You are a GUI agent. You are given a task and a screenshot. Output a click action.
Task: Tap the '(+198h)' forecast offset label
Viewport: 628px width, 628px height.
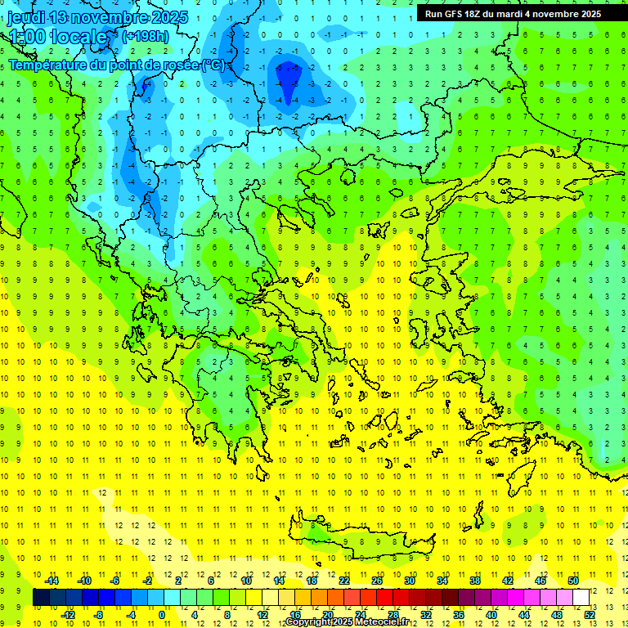[x=145, y=36]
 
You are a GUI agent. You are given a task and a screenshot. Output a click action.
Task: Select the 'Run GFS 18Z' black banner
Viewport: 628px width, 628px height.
[x=513, y=13]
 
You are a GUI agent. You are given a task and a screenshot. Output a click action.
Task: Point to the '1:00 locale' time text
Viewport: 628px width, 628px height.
[x=58, y=37]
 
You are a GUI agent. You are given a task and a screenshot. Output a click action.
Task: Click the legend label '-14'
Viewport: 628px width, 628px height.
[x=52, y=581]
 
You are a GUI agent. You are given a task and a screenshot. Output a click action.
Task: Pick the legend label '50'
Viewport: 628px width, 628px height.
[x=572, y=581]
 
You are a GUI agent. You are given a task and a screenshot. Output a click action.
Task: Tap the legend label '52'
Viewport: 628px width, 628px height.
[x=590, y=614]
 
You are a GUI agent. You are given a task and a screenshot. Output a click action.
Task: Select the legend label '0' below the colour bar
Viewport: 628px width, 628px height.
[x=162, y=614]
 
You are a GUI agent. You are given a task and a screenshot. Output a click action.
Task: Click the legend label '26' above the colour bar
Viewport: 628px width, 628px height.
[x=377, y=581]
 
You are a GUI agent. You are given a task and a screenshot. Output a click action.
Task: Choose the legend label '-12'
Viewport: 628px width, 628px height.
[x=69, y=614]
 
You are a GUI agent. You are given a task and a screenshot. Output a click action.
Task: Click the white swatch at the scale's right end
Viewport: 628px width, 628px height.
[x=581, y=597]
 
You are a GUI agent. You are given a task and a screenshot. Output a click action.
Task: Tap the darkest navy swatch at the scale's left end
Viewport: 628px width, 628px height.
[x=41, y=597]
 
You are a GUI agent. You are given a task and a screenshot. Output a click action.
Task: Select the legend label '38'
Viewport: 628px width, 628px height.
[x=475, y=581]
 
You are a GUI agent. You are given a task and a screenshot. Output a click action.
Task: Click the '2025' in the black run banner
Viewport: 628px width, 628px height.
[x=588, y=14]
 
